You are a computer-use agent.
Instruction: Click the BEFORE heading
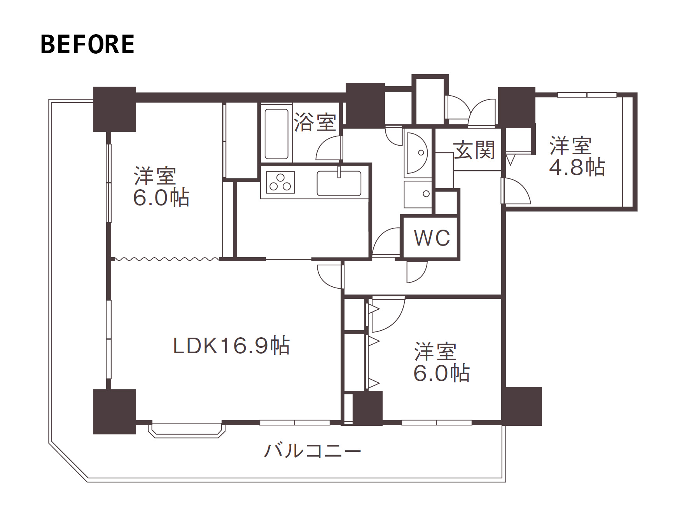87,44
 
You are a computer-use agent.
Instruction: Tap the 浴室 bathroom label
315,122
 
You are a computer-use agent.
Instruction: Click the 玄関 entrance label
474,150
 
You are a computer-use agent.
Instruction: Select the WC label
432,238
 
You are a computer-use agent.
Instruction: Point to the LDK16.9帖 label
231,345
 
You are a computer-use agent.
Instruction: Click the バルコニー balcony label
313,451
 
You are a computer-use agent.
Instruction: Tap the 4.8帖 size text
577,167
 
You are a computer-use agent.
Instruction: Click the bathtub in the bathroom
276,134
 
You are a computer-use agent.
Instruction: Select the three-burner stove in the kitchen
280,182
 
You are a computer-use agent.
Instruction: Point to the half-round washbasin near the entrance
416,152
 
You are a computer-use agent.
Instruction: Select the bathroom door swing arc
329,148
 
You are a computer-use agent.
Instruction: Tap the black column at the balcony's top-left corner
115,109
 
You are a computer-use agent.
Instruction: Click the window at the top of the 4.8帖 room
587,94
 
